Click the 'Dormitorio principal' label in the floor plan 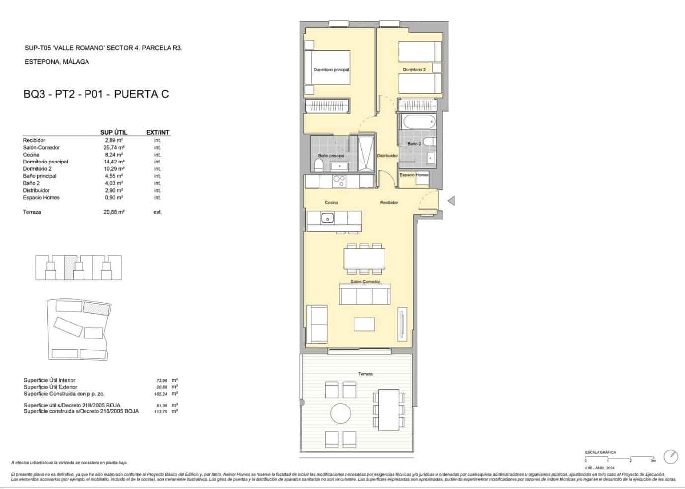click(331, 70)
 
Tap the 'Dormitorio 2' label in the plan click(414, 70)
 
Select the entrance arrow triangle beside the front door click(451, 201)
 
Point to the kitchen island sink click(327, 218)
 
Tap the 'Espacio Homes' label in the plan click(414, 175)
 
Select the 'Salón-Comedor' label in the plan click(365, 282)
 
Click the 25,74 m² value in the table click(114, 148)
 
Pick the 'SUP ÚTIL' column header click(114, 132)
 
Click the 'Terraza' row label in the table click(32, 212)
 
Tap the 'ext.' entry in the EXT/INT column click(157, 212)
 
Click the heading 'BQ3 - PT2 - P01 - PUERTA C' click(96, 94)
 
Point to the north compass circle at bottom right click(671, 456)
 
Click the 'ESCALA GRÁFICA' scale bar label click(600, 452)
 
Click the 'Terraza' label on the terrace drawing click(365, 374)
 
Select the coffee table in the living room click(364, 324)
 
